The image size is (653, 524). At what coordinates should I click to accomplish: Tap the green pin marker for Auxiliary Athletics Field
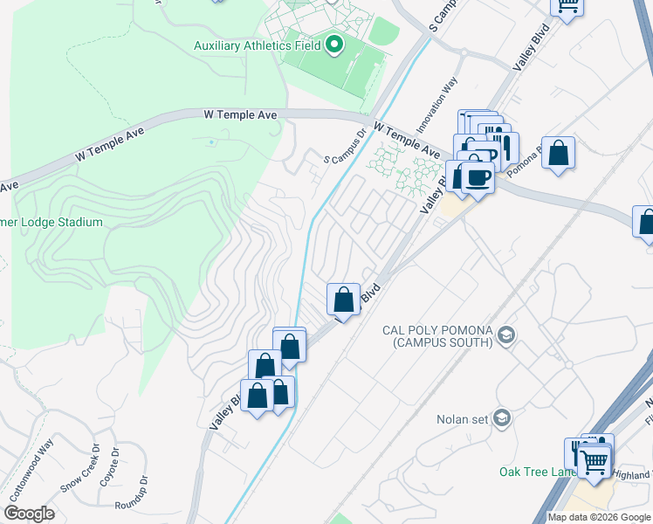[335, 45]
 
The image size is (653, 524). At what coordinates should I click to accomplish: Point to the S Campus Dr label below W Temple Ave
[344, 148]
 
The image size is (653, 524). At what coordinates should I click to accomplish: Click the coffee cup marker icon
[478, 178]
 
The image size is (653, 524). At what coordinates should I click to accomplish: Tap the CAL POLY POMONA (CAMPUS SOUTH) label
[437, 336]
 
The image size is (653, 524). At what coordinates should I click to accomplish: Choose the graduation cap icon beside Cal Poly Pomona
[505, 334]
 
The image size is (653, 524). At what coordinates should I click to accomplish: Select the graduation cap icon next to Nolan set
[501, 418]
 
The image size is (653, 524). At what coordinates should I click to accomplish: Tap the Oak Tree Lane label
[535, 472]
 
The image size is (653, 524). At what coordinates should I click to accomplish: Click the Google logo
[29, 514]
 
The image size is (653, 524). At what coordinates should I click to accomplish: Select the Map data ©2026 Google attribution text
[598, 517]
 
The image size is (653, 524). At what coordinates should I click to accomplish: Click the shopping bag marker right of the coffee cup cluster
[558, 154]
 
